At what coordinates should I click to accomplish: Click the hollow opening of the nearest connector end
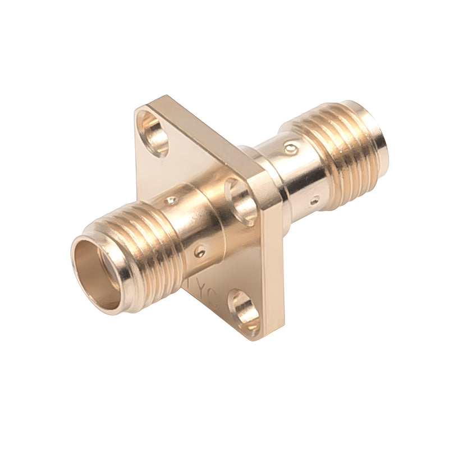pyautogui.click(x=97, y=273)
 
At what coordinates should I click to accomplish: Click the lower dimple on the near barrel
pyautogui.click(x=199, y=251)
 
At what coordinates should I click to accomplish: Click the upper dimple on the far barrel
pyautogui.click(x=291, y=149)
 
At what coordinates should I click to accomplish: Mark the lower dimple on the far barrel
pyautogui.click(x=315, y=200)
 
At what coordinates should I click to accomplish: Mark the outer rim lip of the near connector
pyautogui.click(x=79, y=252)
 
